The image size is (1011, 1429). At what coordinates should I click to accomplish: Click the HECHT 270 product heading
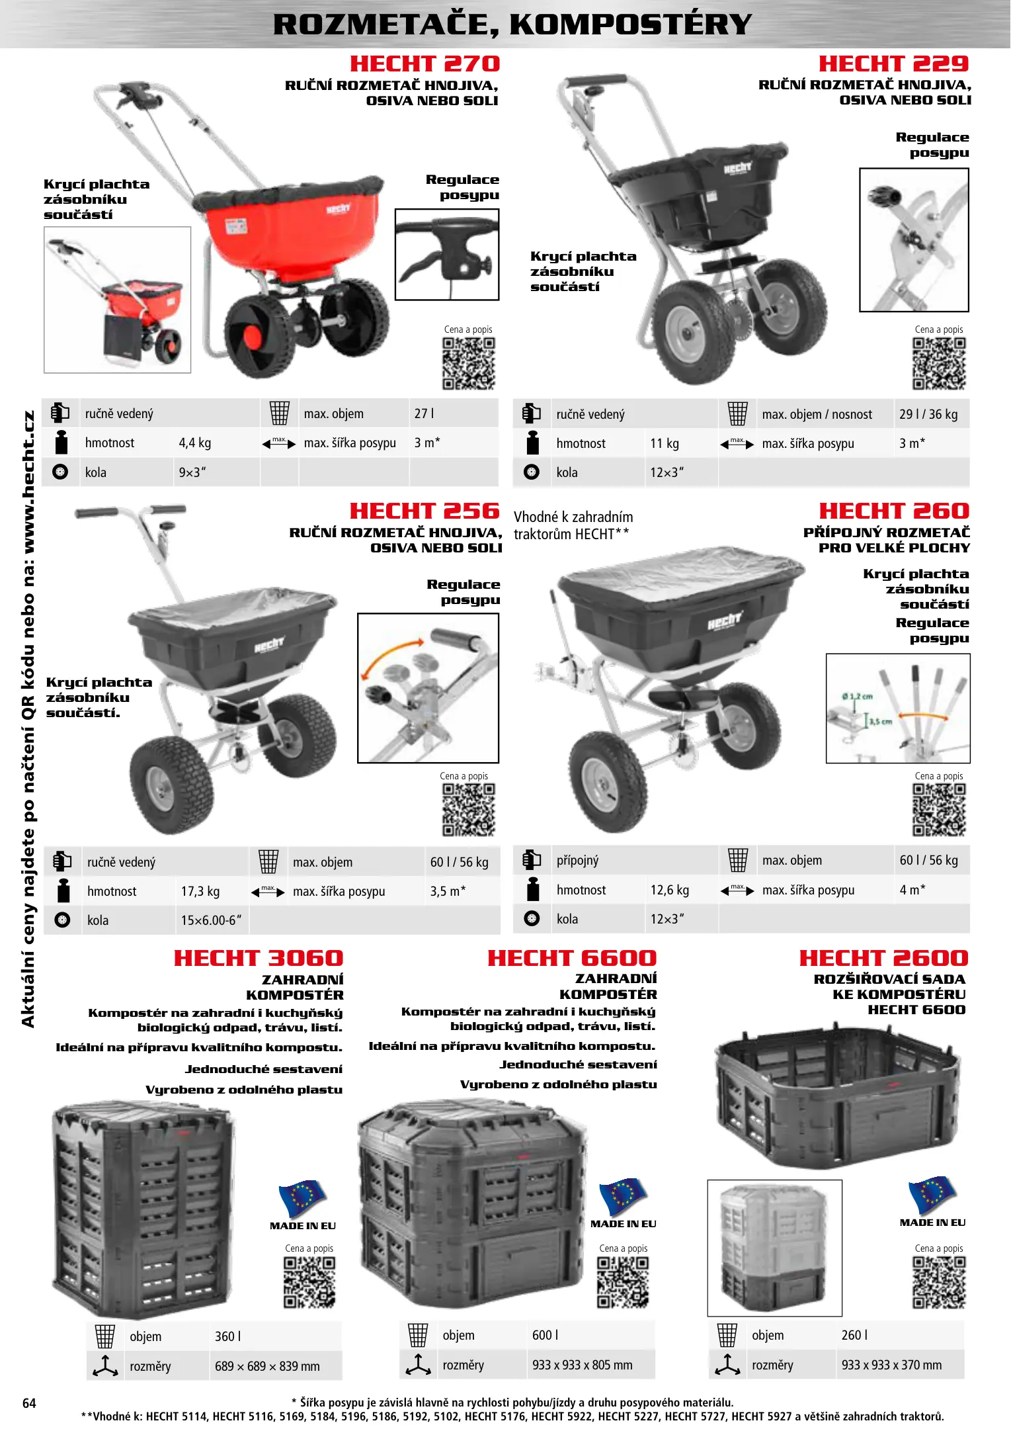click(x=425, y=64)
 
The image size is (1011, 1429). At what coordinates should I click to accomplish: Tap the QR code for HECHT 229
click(x=939, y=363)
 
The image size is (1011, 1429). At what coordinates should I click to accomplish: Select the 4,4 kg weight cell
click(x=195, y=443)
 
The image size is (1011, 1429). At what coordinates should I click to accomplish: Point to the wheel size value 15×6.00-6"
click(x=211, y=920)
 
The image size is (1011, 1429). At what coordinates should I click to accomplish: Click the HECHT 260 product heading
click(x=894, y=511)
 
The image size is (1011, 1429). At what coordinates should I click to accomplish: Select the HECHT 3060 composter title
click(x=259, y=958)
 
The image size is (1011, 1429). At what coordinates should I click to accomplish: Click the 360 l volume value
click(x=228, y=1336)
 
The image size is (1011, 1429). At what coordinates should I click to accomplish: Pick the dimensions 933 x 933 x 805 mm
click(x=582, y=1365)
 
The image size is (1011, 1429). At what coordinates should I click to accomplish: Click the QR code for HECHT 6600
click(x=623, y=1282)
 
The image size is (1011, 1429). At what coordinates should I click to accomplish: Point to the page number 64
click(x=29, y=1403)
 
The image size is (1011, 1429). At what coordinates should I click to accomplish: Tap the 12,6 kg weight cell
click(x=670, y=890)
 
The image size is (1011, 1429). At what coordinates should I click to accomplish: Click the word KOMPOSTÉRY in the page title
click(x=631, y=24)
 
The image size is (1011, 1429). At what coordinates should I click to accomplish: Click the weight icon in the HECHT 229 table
click(x=532, y=443)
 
